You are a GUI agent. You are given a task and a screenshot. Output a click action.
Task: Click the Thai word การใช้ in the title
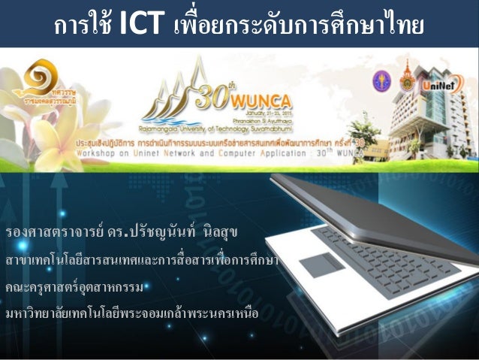83,26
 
